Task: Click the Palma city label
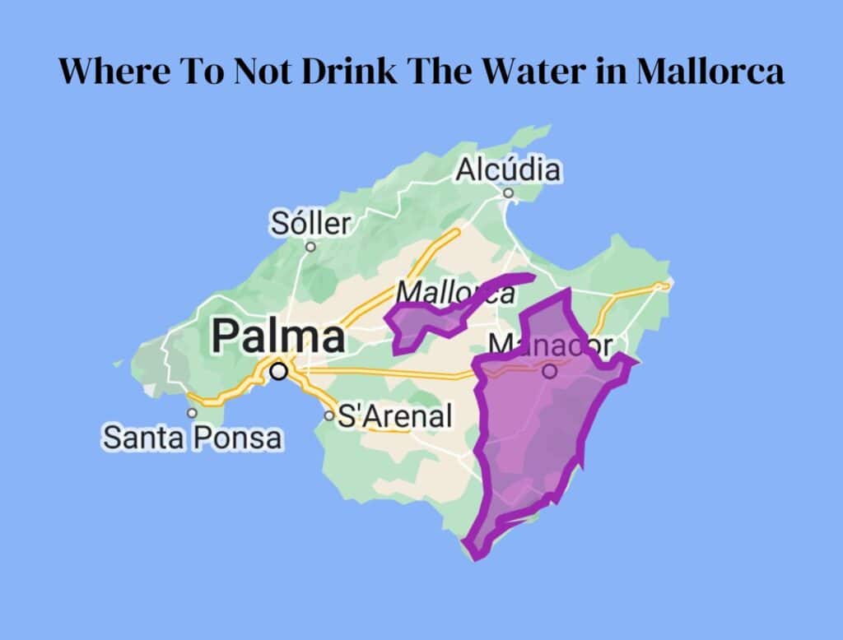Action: click(278, 337)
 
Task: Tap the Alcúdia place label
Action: click(508, 170)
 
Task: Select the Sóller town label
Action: click(311, 224)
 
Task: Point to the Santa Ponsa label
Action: click(192, 438)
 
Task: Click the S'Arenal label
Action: click(395, 416)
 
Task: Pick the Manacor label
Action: click(551, 346)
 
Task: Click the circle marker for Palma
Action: click(279, 372)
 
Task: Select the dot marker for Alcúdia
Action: click(508, 193)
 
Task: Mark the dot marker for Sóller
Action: click(310, 246)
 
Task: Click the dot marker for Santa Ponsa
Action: click(192, 414)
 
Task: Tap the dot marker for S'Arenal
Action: click(329, 416)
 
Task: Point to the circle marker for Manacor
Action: click(550, 372)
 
